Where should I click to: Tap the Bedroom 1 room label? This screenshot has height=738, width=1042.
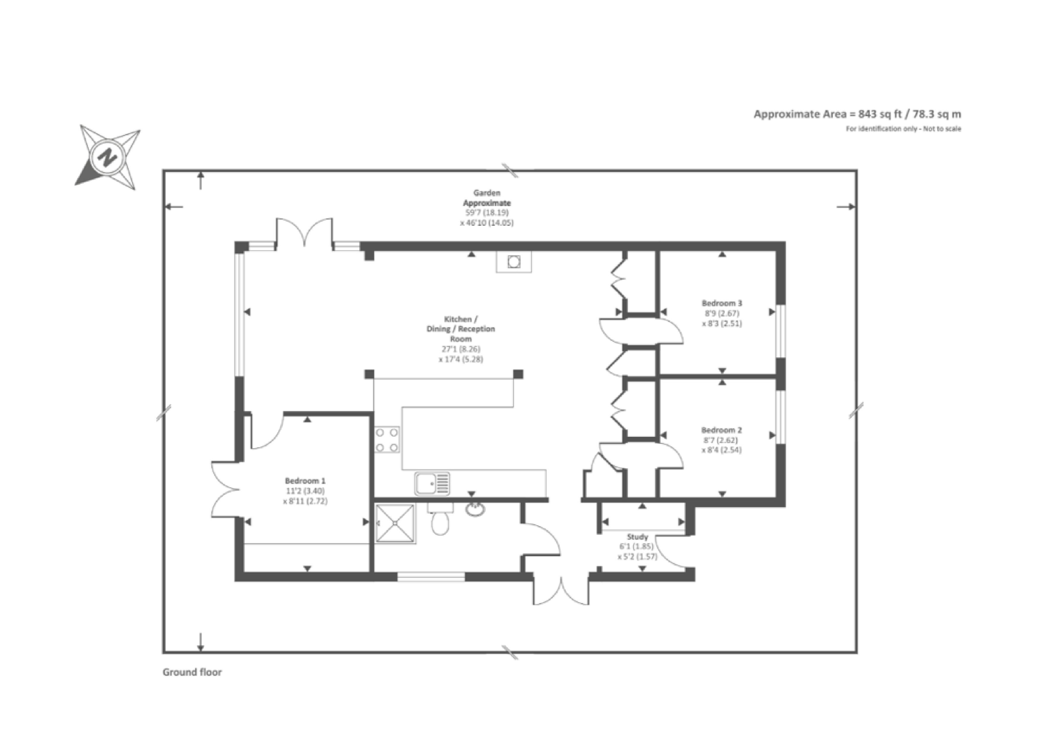[x=305, y=481]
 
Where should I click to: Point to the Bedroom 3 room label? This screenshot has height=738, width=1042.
[x=722, y=303]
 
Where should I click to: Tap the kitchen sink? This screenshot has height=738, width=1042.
[x=432, y=483]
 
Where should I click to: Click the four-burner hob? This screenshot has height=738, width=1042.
[x=387, y=439]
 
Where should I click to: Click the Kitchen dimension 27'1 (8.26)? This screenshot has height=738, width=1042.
[x=461, y=349]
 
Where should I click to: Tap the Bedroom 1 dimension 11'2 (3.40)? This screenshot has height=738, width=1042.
[x=305, y=491]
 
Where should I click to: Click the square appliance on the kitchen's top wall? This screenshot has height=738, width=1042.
[x=514, y=262]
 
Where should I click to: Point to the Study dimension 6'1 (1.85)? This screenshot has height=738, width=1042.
[x=637, y=547]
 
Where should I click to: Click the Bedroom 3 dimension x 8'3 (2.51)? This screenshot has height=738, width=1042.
[x=722, y=324]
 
